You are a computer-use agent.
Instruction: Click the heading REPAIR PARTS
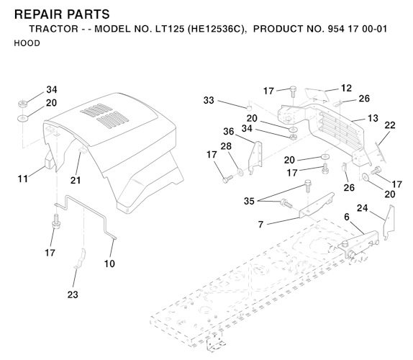pyautogui.click(x=62, y=14)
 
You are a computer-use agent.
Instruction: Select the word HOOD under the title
pyautogui.click(x=27, y=43)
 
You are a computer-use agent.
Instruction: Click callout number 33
pyautogui.click(x=209, y=100)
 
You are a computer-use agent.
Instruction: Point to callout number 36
pyautogui.click(x=228, y=131)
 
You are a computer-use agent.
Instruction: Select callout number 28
pyautogui.click(x=226, y=146)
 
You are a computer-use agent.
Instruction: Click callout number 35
pyautogui.click(x=249, y=201)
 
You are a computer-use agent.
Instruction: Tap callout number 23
pyautogui.click(x=73, y=294)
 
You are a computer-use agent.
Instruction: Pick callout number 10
pyautogui.click(x=109, y=264)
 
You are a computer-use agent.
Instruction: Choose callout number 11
pyautogui.click(x=22, y=179)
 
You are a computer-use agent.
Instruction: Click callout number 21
pyautogui.click(x=76, y=181)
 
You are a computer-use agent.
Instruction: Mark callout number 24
pyautogui.click(x=362, y=208)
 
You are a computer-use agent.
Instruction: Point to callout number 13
pyautogui.click(x=373, y=118)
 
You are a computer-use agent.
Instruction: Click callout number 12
pyautogui.click(x=346, y=89)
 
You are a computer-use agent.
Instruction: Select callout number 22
pyautogui.click(x=390, y=125)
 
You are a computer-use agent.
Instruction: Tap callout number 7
pyautogui.click(x=260, y=225)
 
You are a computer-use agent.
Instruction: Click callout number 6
pyautogui.click(x=347, y=217)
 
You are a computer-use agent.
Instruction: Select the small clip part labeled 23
pyautogui.click(x=80, y=258)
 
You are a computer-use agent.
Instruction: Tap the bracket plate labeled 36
pyautogui.click(x=255, y=158)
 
